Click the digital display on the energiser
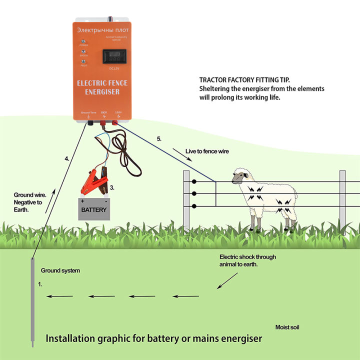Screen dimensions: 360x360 pyautogui.click(x=114, y=55)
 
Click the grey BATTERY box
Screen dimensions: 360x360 pyautogui.click(x=93, y=209)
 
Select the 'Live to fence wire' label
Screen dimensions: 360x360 pyautogui.click(x=207, y=151)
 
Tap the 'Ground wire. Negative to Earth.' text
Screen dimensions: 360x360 pyautogui.click(x=29, y=202)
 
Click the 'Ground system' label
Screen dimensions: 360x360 pyautogui.click(x=60, y=270)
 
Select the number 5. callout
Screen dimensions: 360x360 pyautogui.click(x=159, y=139)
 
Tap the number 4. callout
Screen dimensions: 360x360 pyautogui.click(x=67, y=158)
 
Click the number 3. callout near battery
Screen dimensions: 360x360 pyautogui.click(x=112, y=188)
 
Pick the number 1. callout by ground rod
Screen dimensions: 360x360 pyautogui.click(x=41, y=283)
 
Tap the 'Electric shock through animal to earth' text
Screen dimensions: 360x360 pyautogui.click(x=247, y=260)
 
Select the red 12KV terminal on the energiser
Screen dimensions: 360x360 pyautogui.click(x=115, y=122)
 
